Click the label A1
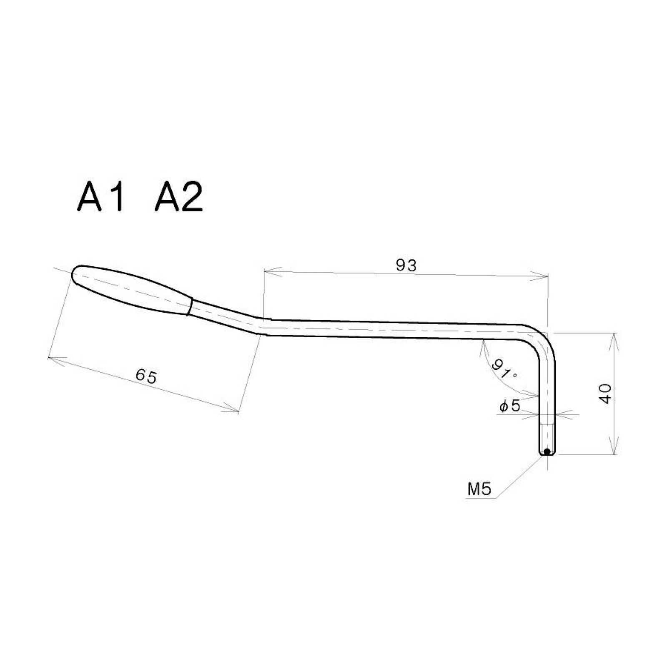[x=100, y=197]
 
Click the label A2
[x=179, y=197]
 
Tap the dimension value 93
[x=406, y=265]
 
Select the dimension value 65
[x=146, y=377]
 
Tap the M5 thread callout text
[x=479, y=489]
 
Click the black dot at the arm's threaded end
[x=547, y=451]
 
